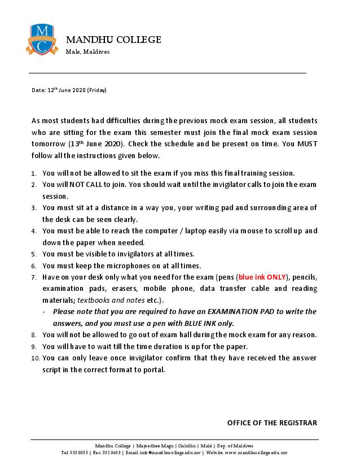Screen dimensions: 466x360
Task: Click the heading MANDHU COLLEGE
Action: pyautogui.click(x=113, y=40)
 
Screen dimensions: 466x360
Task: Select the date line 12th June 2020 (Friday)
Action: pyautogui.click(x=69, y=90)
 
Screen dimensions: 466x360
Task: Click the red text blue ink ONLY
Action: pyautogui.click(x=261, y=277)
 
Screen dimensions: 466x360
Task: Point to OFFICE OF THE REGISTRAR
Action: pyautogui.click(x=272, y=423)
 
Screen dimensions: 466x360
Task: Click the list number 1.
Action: pyautogui.click(x=34, y=173)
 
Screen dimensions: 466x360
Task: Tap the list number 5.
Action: pyautogui.click(x=34, y=254)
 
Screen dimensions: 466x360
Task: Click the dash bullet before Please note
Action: pyautogui.click(x=45, y=311)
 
